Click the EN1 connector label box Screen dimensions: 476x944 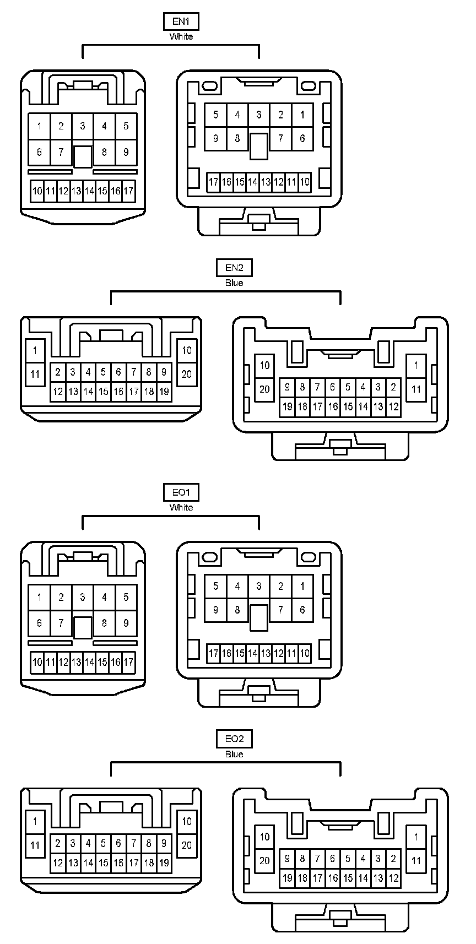(x=181, y=21)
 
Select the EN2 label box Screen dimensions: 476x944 (x=234, y=268)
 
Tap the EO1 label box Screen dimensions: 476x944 (x=181, y=492)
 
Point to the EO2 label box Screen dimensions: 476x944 (x=234, y=739)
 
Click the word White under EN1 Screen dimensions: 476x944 (x=181, y=36)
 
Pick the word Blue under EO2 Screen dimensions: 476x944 (x=234, y=754)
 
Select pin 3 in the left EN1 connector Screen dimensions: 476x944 (x=83, y=126)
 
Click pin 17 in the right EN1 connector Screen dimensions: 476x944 (x=214, y=182)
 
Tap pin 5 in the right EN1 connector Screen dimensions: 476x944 (x=215, y=115)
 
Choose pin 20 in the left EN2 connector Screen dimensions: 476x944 (x=186, y=375)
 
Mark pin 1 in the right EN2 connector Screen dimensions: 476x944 (x=416, y=365)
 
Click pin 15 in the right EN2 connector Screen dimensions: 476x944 (x=348, y=407)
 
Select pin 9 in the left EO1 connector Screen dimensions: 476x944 (x=126, y=623)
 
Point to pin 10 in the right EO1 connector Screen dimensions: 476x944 (x=305, y=653)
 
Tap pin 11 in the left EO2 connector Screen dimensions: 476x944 (x=35, y=845)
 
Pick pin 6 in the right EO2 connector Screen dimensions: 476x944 (x=332, y=858)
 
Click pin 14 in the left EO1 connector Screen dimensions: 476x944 (x=89, y=661)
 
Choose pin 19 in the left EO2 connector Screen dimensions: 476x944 (x=164, y=863)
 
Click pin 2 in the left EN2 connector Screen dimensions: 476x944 (x=58, y=372)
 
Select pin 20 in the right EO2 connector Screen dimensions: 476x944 (x=264, y=860)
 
